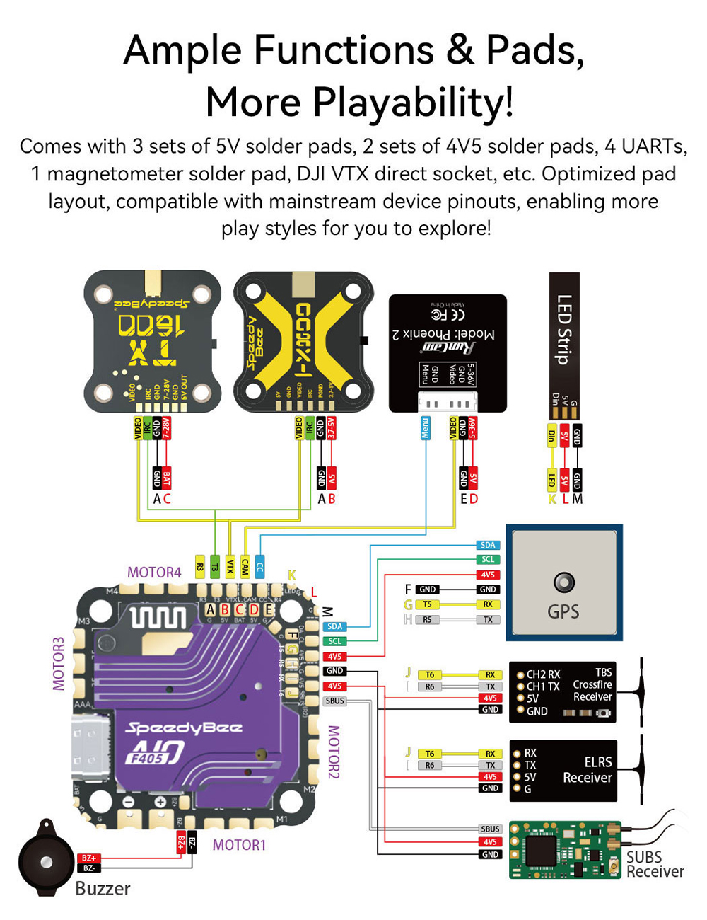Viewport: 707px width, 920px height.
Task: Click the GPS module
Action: pyautogui.click(x=563, y=582)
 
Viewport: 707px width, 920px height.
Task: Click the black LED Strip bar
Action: pyautogui.click(x=564, y=329)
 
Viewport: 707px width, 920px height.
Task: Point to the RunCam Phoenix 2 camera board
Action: pyautogui.click(x=448, y=352)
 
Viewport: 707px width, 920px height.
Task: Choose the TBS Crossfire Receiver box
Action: pyautogui.click(x=563, y=691)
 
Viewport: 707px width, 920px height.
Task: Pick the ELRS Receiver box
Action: pyautogui.click(x=563, y=771)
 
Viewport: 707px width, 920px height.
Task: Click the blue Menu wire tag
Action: pyautogui.click(x=426, y=429)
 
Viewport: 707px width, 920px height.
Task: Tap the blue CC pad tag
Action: pyautogui.click(x=259, y=567)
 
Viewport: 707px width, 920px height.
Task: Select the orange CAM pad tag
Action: pyautogui.click(x=245, y=567)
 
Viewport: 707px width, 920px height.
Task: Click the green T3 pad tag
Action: pyautogui.click(x=215, y=567)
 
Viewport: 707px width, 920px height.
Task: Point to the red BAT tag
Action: pyautogui.click(x=166, y=479)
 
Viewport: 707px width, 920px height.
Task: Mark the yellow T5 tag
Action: pyautogui.click(x=427, y=604)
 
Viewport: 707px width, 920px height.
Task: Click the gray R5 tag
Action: pyautogui.click(x=427, y=620)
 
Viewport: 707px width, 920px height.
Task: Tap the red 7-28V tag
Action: pyautogui.click(x=166, y=429)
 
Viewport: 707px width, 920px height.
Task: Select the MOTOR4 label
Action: pyautogui.click(x=154, y=572)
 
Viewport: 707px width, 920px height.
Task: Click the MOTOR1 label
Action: pyautogui.click(x=239, y=845)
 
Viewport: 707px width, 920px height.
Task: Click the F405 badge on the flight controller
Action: pyautogui.click(x=146, y=759)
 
